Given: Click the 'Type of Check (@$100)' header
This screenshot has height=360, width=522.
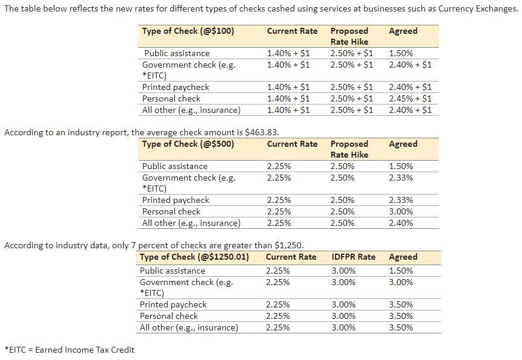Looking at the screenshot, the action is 188,31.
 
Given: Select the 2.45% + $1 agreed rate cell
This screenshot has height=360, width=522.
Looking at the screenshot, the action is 410,98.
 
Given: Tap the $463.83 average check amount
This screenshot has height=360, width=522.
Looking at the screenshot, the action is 261,132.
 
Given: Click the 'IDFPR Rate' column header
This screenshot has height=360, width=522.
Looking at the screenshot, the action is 353,257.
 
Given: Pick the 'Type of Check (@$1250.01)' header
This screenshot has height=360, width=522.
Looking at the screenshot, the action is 194,257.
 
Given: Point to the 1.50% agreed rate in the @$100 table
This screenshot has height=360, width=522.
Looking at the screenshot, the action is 401,53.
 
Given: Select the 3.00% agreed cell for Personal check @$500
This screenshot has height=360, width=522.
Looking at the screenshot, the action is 401,211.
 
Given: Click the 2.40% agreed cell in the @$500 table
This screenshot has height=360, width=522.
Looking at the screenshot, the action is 401,223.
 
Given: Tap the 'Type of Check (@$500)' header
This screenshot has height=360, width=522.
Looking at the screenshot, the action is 188,144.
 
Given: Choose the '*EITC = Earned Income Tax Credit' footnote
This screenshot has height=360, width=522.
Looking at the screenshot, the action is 69,350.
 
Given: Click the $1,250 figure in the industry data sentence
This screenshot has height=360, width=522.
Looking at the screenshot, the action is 288,245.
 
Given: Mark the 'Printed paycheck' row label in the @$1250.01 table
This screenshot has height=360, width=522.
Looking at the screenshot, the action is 173,304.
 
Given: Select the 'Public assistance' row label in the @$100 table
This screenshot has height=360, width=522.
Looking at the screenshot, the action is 177,53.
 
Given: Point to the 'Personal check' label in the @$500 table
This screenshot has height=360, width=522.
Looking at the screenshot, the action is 171,211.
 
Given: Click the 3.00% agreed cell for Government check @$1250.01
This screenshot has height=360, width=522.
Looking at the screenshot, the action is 401,282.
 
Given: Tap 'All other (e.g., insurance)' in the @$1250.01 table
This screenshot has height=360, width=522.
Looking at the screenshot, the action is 189,327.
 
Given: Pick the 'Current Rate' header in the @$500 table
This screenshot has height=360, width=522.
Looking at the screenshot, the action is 292,144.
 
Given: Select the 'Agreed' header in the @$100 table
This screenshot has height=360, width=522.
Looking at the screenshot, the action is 403,31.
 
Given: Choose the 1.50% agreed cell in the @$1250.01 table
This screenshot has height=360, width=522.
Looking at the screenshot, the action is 401,271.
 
